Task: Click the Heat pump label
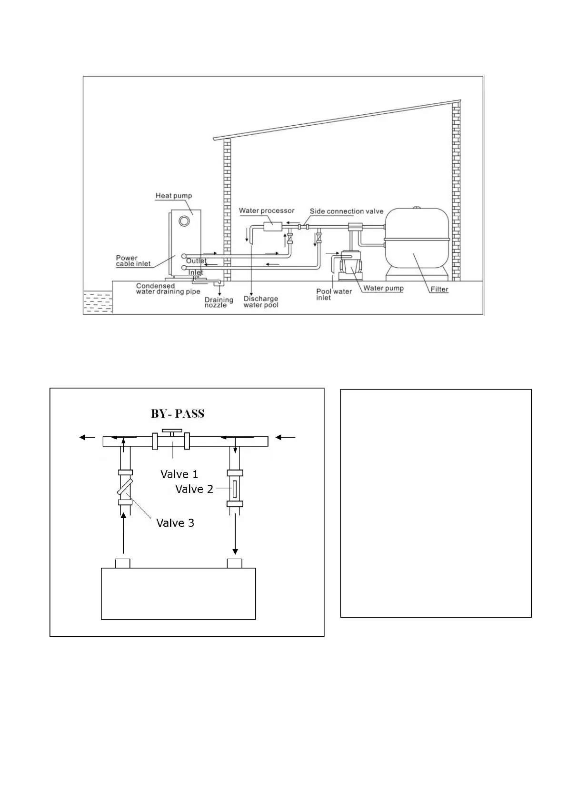[174, 196]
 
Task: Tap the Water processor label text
[267, 211]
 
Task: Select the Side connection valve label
[347, 211]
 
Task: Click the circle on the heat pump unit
[184, 221]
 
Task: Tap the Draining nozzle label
[219, 302]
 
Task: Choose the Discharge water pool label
[261, 302]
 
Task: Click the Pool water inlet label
[334, 294]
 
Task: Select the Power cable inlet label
[133, 261]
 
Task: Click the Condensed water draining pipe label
[168, 289]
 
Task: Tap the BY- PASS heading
[178, 414]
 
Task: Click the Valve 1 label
[179, 474]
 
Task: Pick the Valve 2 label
[194, 489]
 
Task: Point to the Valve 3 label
[175, 523]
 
